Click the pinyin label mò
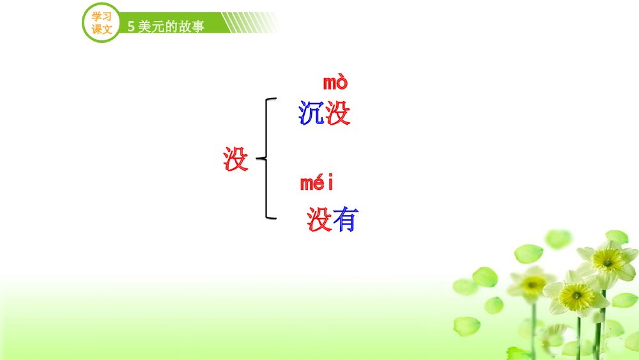point(335,82)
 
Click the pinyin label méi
point(317,184)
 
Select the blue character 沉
point(311,113)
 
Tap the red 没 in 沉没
point(338,113)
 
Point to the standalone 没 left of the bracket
point(236,159)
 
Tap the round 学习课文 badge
point(102,23)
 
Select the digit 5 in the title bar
point(131,27)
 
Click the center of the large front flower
point(576,296)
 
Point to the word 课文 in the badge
point(102,29)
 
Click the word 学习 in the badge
point(102,17)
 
